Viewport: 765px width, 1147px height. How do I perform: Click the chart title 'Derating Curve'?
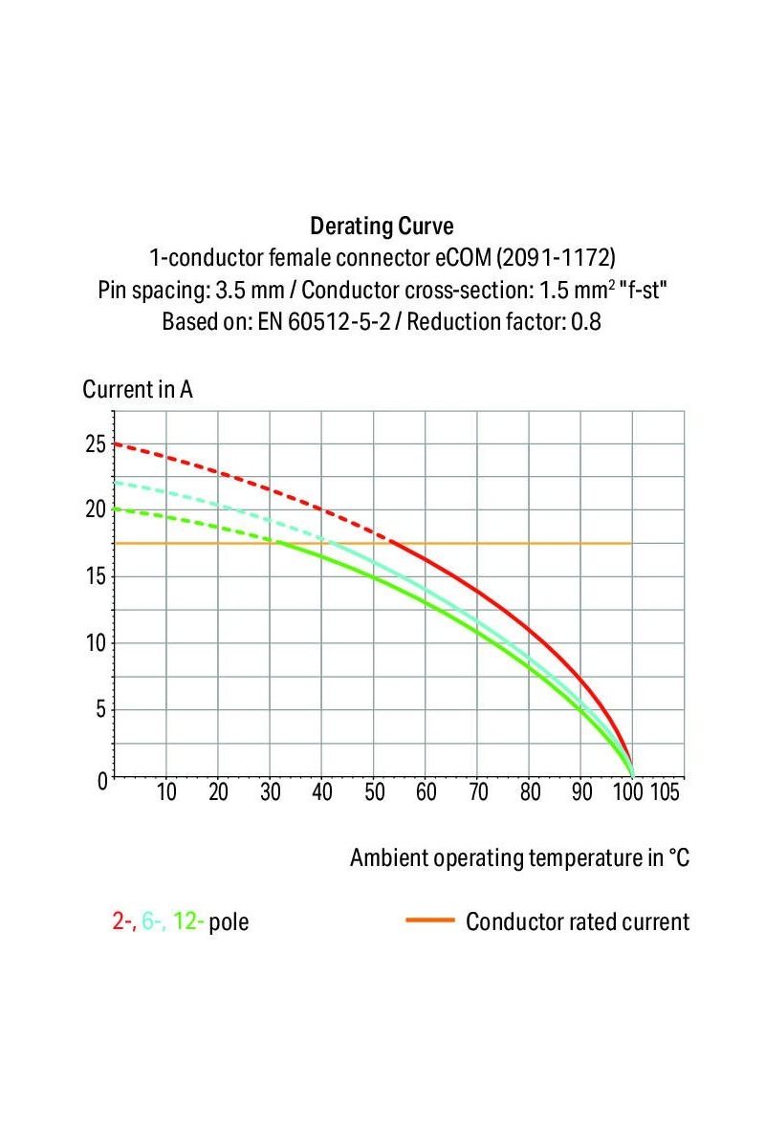point(382,227)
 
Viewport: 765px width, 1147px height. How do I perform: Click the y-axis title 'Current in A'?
point(138,390)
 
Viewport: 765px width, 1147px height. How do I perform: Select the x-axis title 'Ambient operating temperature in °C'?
point(519,857)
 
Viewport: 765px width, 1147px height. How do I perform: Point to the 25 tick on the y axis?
point(96,444)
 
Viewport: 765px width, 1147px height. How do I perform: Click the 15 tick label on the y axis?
point(96,576)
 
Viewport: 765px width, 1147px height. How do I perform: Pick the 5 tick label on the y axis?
point(100,709)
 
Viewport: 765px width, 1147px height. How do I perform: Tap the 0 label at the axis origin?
point(102,780)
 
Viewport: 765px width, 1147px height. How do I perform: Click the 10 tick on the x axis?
point(166,792)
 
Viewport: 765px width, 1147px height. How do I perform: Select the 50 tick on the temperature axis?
point(374,792)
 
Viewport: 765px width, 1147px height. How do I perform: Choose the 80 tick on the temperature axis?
point(530,792)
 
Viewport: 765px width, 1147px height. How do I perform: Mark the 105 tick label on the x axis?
point(665,792)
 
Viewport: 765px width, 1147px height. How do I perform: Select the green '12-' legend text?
point(188,922)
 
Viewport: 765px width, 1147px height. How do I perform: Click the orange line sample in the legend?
point(429,921)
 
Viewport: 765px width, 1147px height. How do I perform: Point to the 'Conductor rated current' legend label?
point(577,922)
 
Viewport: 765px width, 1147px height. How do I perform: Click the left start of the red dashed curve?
point(117,444)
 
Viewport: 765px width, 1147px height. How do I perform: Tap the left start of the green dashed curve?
point(117,509)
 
